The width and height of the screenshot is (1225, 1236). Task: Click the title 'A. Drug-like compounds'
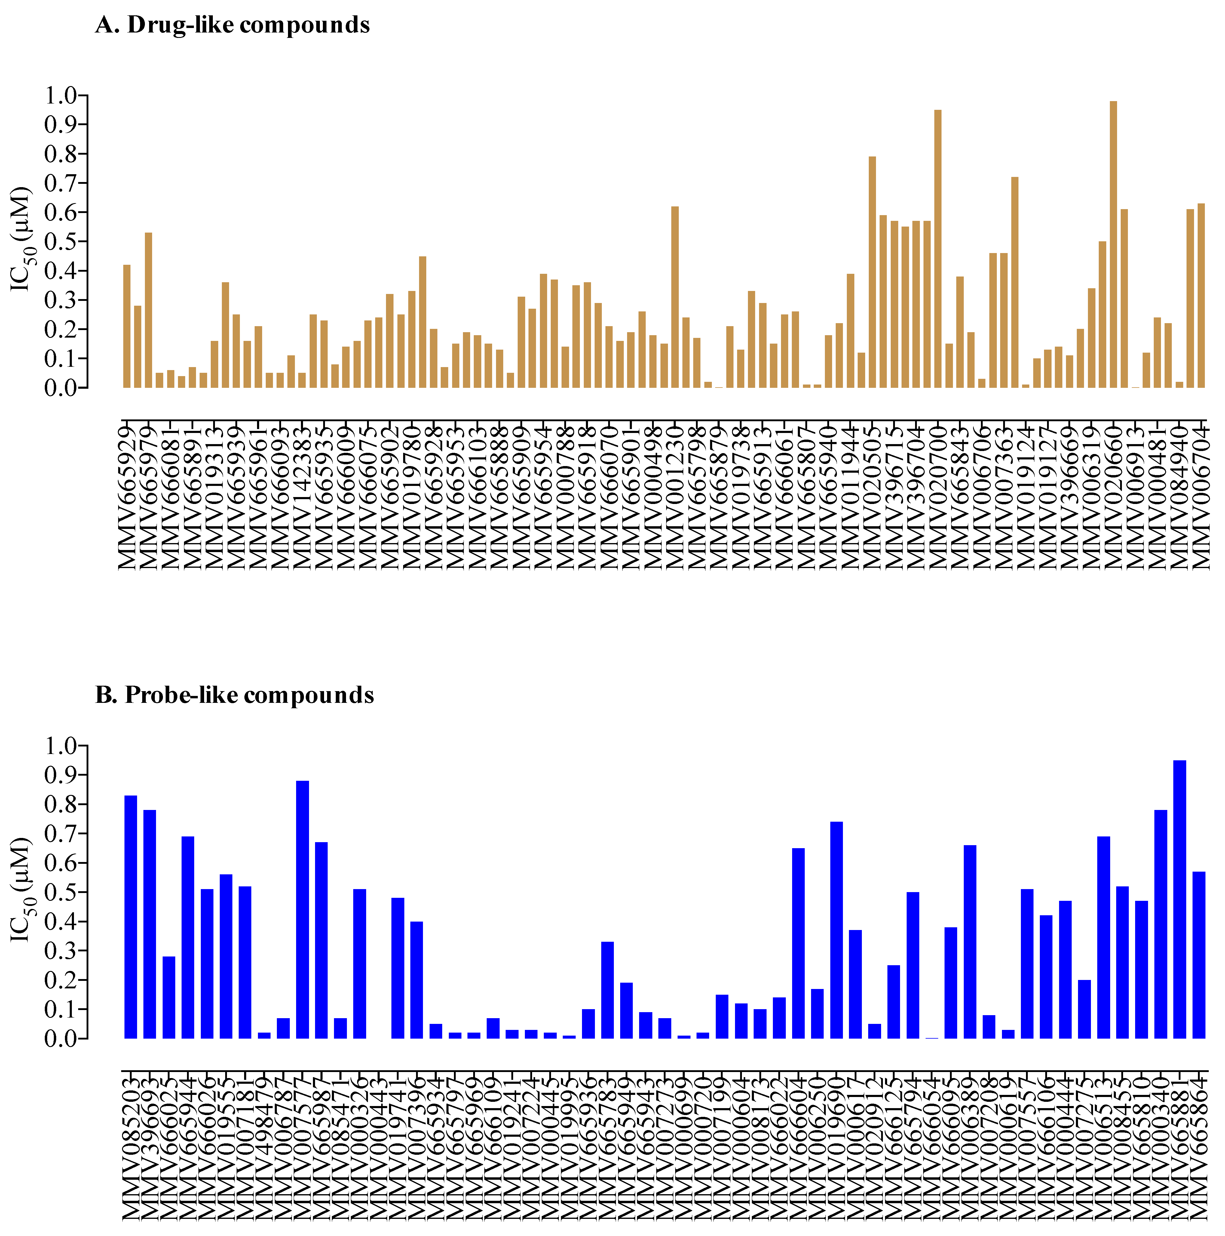coord(232,25)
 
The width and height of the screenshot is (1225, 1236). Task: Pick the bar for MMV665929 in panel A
coord(127,326)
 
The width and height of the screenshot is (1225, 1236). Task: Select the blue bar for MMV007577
coord(302,908)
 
